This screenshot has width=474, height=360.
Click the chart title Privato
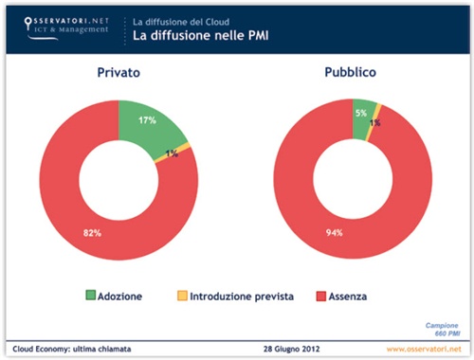coord(118,72)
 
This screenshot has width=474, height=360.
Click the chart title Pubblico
coord(352,72)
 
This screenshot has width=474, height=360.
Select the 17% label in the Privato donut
coord(147,121)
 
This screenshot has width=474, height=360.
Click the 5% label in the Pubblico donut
coord(360,113)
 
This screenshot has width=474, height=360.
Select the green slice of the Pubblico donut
coord(362,114)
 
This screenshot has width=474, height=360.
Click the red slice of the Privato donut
coord(76,189)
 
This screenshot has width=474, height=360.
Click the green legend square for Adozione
coord(92,296)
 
